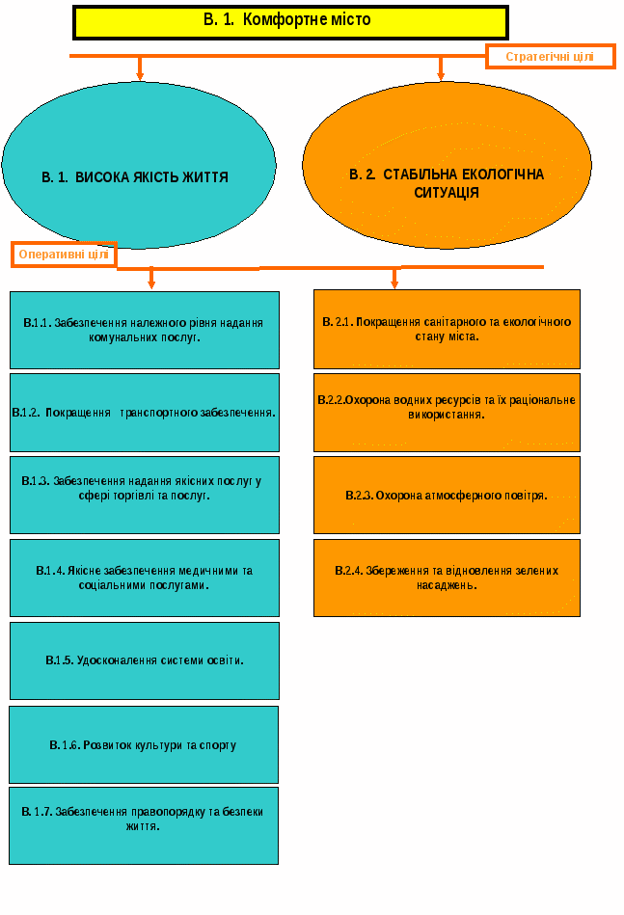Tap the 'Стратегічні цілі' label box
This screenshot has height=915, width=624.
coord(550,57)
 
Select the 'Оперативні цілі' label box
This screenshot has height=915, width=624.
coord(64,255)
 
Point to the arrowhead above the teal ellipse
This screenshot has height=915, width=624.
coord(140,74)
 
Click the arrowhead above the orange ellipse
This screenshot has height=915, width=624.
coord(441,74)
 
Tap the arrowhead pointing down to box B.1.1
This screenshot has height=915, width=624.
coord(151,282)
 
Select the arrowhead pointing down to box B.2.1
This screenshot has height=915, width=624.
coord(394,283)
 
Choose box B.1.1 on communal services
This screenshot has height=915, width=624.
coord(145,330)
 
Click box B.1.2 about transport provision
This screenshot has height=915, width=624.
coord(145,413)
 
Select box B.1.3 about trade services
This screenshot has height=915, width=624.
coord(145,495)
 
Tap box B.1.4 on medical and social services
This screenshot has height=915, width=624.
coord(145,578)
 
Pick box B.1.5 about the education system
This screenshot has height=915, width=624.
coord(145,660)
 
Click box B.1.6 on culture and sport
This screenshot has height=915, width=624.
coord(144,744)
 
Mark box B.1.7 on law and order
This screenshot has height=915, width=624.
coord(144,825)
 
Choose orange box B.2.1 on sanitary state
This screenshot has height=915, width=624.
coord(447,329)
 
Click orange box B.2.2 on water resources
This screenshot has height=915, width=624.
coord(447,412)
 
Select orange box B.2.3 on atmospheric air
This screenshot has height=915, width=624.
coord(447,495)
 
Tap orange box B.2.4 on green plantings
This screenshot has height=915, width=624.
coord(447,578)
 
